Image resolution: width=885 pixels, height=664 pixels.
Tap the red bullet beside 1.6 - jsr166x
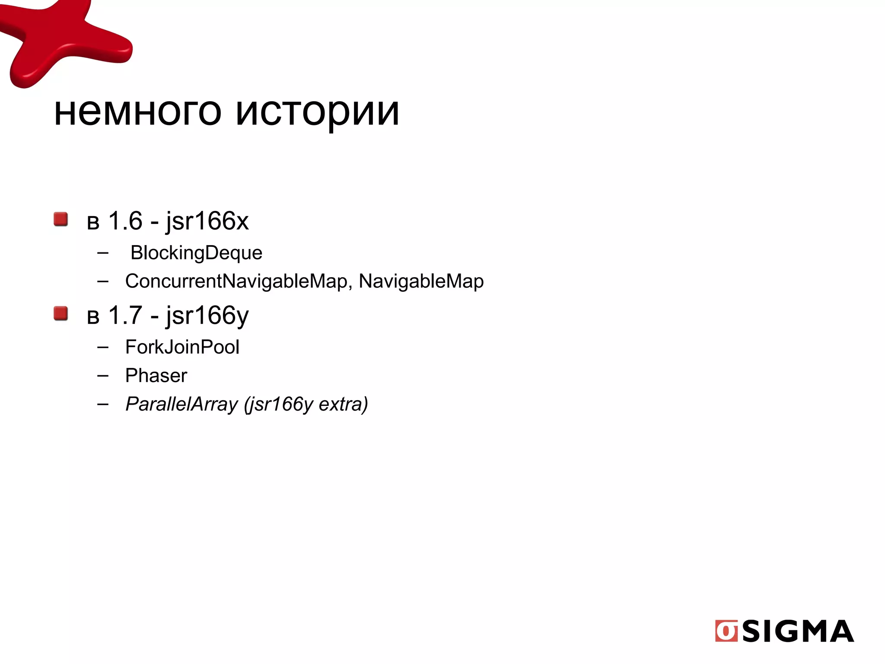tap(61, 219)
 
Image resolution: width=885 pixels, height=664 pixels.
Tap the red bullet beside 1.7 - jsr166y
tap(61, 313)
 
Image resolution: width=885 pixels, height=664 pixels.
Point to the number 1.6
tap(125, 221)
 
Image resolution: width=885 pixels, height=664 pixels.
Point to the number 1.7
tap(125, 315)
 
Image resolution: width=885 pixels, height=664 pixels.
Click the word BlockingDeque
tap(196, 253)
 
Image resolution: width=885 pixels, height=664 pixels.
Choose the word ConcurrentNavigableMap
tap(236, 281)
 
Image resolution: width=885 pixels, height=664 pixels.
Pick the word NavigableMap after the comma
tap(421, 281)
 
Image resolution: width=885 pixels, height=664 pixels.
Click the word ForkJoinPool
tap(182, 347)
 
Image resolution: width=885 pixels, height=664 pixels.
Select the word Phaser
tap(156, 376)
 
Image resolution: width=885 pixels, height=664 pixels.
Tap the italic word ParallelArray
tap(181, 405)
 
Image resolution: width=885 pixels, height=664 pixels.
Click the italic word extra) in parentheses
tap(343, 405)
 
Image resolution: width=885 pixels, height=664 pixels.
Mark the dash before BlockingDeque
tap(103, 253)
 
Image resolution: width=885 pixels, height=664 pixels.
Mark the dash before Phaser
tap(103, 376)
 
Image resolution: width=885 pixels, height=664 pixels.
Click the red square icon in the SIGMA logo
tap(726, 631)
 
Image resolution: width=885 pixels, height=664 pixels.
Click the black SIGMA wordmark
tap(798, 632)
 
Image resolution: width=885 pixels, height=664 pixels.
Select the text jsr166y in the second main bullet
tap(207, 316)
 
